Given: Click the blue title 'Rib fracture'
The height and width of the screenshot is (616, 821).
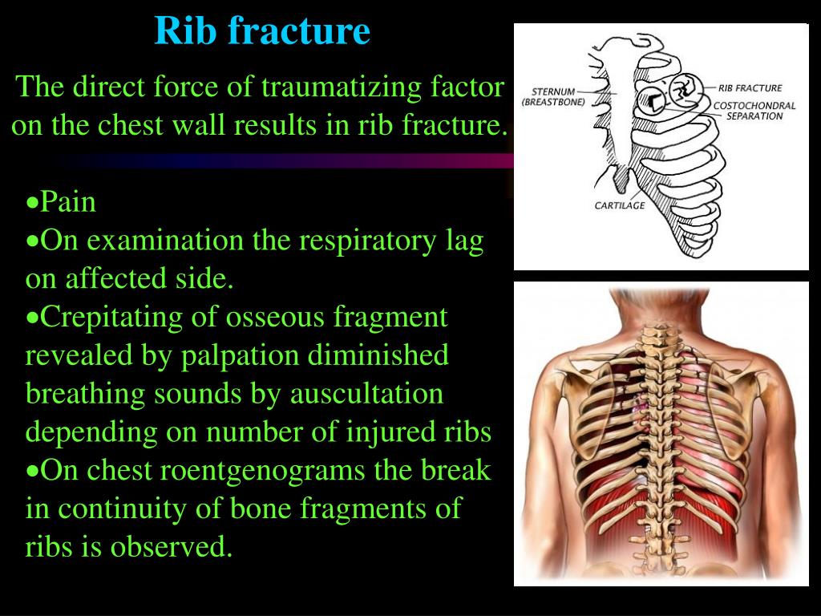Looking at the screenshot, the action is click(x=262, y=31).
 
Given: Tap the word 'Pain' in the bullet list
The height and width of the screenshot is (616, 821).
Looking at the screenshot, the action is click(x=68, y=201).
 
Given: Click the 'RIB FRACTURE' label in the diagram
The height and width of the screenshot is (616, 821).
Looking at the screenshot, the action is click(x=750, y=88).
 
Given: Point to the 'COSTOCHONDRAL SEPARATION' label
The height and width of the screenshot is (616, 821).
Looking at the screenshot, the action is click(x=754, y=111).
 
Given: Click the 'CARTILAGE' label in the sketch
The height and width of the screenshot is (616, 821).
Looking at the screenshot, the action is click(x=620, y=205).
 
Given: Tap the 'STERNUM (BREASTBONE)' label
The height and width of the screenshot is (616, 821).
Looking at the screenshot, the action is click(x=553, y=97).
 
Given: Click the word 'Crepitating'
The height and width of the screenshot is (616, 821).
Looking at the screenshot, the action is click(x=111, y=318).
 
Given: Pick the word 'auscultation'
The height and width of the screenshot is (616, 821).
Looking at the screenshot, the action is click(x=366, y=394).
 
